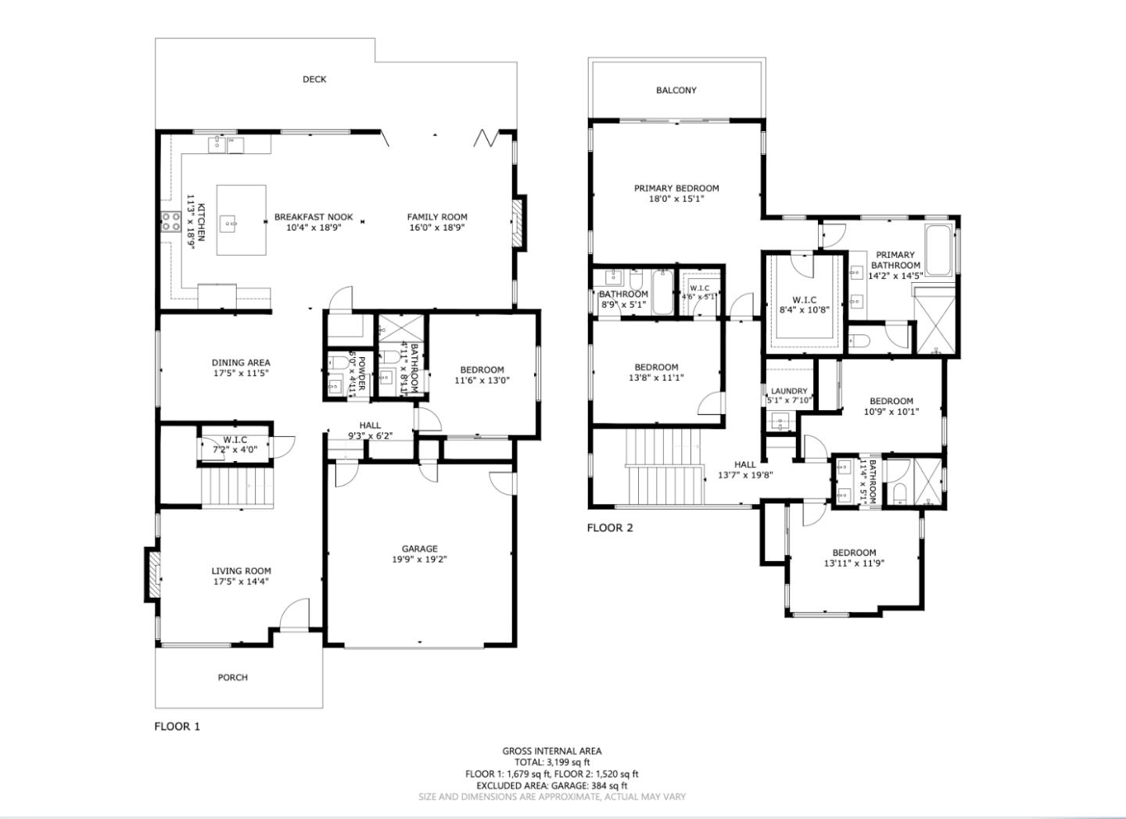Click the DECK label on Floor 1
click(314, 80)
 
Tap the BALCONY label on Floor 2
click(676, 91)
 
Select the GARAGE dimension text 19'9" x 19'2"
click(419, 560)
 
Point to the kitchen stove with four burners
click(171, 222)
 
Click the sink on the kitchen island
click(229, 222)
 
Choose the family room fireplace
click(518, 223)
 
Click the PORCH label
click(233, 678)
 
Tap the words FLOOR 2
click(610, 528)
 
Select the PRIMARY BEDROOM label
click(676, 188)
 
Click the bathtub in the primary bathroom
click(938, 250)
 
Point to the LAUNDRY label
click(789, 391)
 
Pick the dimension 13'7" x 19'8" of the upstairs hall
click(745, 475)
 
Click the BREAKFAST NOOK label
click(314, 217)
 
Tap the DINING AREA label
click(241, 363)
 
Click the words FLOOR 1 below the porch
click(177, 726)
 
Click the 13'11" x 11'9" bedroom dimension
click(854, 563)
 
